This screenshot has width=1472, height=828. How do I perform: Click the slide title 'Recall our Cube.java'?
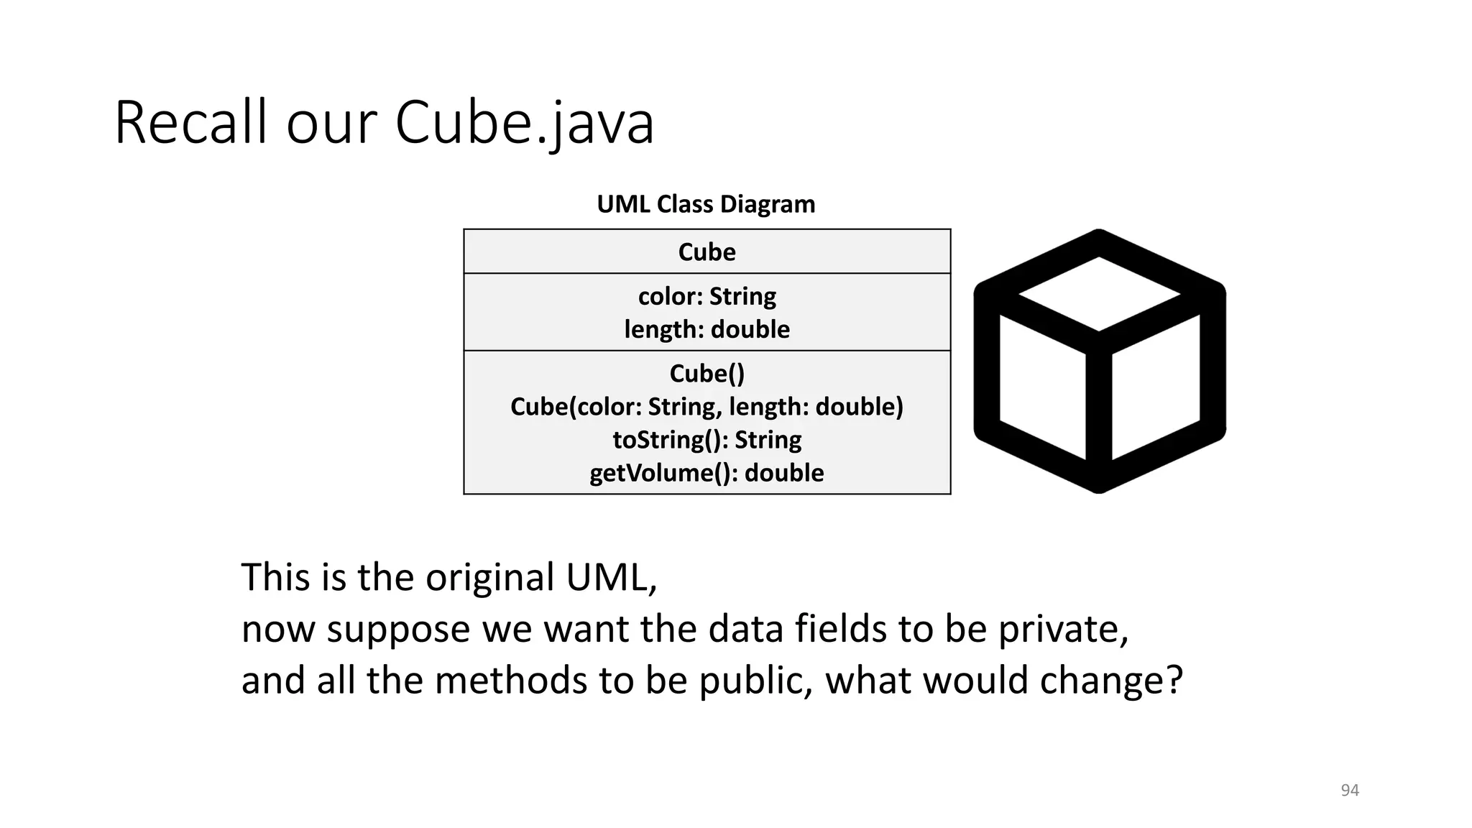(384, 123)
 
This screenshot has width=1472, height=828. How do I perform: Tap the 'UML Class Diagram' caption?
(706, 204)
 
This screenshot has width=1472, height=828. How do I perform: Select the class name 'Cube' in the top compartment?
(707, 252)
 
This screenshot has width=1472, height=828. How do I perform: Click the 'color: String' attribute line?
(707, 296)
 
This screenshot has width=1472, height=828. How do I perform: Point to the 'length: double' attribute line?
(707, 329)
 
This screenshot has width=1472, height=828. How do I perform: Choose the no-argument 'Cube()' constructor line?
(707, 374)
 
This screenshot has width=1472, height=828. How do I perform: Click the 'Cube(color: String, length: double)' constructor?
(707, 407)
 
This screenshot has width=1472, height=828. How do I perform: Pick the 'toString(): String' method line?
(707, 440)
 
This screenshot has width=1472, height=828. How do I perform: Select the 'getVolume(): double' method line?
(707, 473)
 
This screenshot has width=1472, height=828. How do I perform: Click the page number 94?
(1350, 791)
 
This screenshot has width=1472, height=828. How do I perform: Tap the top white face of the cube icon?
(1099, 293)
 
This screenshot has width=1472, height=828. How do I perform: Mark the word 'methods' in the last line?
(511, 681)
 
